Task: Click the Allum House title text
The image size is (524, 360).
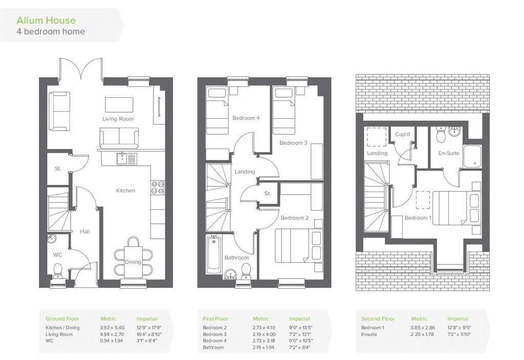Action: (46, 20)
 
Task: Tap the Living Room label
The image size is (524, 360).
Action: (118, 119)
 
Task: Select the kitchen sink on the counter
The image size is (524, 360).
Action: (127, 159)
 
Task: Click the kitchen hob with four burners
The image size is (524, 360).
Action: (158, 187)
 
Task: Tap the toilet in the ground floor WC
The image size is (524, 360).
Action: (58, 271)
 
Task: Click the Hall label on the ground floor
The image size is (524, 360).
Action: (85, 231)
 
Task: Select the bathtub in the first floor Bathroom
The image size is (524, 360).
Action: (214, 255)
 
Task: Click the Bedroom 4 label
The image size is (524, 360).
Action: (246, 118)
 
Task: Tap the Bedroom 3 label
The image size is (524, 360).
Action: (293, 143)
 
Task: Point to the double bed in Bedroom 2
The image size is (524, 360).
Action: (299, 246)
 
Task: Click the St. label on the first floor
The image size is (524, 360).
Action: (267, 194)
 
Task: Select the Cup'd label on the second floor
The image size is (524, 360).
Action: (402, 134)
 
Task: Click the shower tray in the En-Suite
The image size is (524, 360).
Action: (472, 156)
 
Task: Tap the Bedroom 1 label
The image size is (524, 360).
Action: (418, 218)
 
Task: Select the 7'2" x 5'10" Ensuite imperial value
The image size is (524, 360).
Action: (459, 334)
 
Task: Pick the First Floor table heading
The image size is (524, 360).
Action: (215, 319)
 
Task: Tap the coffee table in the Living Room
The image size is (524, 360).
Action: (119, 104)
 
